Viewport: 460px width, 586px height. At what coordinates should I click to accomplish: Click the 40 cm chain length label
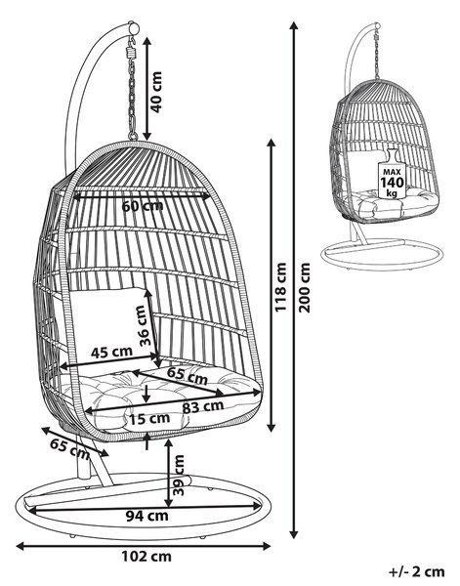156,92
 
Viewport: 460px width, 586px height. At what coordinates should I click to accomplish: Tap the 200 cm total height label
305,287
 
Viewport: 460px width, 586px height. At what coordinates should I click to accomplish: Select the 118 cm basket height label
280,286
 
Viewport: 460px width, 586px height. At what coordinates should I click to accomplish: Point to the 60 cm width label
143,206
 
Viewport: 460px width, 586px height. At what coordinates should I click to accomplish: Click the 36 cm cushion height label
143,325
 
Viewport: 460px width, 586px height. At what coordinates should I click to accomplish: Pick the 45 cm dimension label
111,352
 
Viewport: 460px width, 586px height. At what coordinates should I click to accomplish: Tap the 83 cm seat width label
203,406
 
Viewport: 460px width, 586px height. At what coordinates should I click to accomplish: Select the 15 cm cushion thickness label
149,419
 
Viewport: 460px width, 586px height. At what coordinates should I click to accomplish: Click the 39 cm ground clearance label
179,475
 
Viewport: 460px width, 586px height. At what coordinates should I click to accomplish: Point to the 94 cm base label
146,516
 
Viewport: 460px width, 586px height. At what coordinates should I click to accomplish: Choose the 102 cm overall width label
146,556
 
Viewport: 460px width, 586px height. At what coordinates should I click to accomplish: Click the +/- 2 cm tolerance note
417,571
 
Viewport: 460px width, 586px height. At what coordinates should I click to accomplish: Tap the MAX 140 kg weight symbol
392,174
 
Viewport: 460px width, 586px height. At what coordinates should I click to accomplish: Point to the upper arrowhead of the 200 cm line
294,26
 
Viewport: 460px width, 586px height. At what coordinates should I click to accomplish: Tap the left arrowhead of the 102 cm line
21,546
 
